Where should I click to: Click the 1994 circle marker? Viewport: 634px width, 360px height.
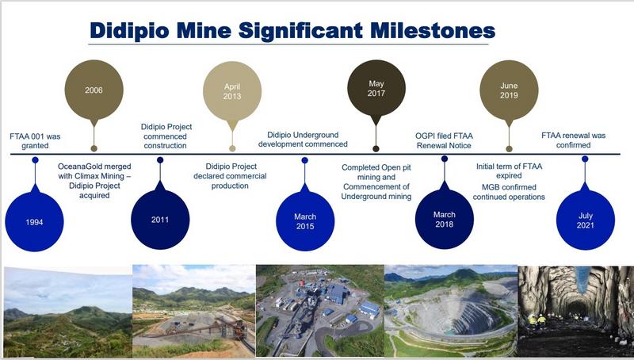coord(34,222)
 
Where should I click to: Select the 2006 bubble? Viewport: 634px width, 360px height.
coord(94,90)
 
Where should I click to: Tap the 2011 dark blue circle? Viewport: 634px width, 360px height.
coord(160,220)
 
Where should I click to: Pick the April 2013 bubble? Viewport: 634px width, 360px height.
coord(232,91)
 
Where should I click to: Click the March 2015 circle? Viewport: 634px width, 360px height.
coord(305,221)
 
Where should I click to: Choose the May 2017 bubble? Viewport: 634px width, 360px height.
coord(376,88)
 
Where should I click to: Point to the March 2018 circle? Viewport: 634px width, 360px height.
coord(445,219)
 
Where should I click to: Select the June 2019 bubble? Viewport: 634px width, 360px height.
coord(509,90)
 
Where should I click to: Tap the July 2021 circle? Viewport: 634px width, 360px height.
coord(586,220)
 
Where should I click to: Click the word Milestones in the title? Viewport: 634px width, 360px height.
coord(433,30)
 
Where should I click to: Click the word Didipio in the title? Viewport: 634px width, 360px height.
coord(129,31)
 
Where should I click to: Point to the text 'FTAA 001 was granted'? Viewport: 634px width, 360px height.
coord(35,141)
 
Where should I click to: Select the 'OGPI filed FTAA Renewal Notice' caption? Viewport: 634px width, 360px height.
coord(444,140)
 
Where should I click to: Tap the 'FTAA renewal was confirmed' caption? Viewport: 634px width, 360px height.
coord(573,140)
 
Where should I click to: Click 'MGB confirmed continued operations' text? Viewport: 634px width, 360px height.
coord(509,192)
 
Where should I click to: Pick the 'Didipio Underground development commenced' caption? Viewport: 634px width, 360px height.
coord(303,140)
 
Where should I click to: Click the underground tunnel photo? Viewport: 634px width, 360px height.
coord(576,311)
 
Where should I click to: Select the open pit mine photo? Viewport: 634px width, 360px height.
coord(451,311)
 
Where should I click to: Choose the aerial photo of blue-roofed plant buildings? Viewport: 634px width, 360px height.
coord(320,311)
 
